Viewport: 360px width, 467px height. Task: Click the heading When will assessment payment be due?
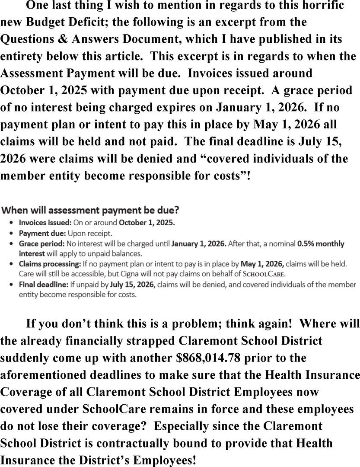(x=90, y=211)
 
